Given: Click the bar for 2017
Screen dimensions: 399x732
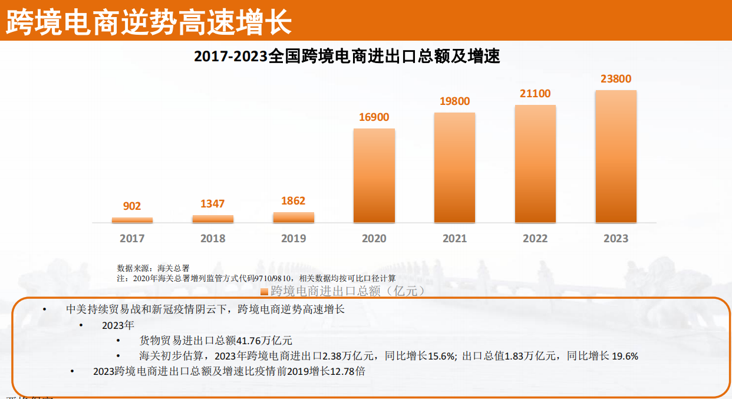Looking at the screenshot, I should pyautogui.click(x=132, y=220).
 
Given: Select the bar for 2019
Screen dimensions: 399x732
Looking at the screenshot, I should pyautogui.click(x=294, y=217).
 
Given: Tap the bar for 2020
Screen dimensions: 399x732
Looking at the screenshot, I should pyautogui.click(x=374, y=176).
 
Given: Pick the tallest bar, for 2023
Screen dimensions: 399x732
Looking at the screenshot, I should pyautogui.click(x=616, y=157).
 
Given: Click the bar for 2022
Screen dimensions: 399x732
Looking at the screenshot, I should pyautogui.click(x=535, y=164).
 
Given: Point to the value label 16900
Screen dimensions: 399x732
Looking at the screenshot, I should pyautogui.click(x=374, y=117).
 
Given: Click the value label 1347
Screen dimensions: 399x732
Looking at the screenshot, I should pyautogui.click(x=213, y=204).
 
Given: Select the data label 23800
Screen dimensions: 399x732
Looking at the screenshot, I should pyautogui.click(x=616, y=79).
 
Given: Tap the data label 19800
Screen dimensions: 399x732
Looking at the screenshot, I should pyautogui.click(x=455, y=101).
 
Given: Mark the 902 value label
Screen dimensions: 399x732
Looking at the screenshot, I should pyautogui.click(x=132, y=206).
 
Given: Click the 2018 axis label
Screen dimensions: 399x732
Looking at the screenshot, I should pyautogui.click(x=213, y=239).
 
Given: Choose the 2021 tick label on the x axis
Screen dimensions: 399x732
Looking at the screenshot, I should pyautogui.click(x=455, y=239).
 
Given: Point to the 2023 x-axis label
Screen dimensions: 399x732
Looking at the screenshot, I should pyautogui.click(x=616, y=239).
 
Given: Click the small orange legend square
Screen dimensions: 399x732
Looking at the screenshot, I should pyautogui.click(x=265, y=291).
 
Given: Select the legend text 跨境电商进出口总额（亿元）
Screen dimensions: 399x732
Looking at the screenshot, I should pyautogui.click(x=347, y=291).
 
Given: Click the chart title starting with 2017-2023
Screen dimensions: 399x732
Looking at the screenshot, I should pyautogui.click(x=347, y=57).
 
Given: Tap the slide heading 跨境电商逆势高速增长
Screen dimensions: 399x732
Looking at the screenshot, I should pyautogui.click(x=149, y=22).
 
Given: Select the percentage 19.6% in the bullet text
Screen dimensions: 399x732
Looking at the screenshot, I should pyautogui.click(x=624, y=356).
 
